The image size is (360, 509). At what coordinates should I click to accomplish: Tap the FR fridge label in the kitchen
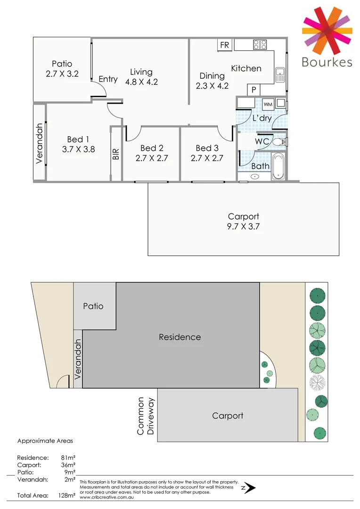point(224,45)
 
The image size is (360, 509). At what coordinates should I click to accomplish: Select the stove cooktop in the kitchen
point(260,45)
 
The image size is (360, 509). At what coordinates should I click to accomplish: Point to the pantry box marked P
point(254,90)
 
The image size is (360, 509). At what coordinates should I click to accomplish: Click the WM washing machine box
point(268,104)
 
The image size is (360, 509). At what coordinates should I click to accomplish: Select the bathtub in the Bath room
point(278,167)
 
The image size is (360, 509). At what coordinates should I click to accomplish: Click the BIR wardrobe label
point(116,154)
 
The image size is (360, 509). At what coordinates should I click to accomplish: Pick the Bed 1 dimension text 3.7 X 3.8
point(78,149)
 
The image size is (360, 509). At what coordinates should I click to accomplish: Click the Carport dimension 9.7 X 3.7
point(243,226)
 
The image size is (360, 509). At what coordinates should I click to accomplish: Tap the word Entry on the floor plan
point(108,79)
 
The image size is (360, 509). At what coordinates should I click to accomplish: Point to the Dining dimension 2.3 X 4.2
point(212,86)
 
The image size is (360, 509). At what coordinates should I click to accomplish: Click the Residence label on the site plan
point(180,337)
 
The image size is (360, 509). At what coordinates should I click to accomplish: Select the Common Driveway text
point(145,416)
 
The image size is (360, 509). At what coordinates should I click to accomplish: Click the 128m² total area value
point(66,495)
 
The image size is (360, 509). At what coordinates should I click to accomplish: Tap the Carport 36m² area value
point(68,465)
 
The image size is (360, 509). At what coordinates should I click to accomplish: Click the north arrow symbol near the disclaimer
point(248,488)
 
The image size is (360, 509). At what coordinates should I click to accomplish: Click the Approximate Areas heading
point(45,441)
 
